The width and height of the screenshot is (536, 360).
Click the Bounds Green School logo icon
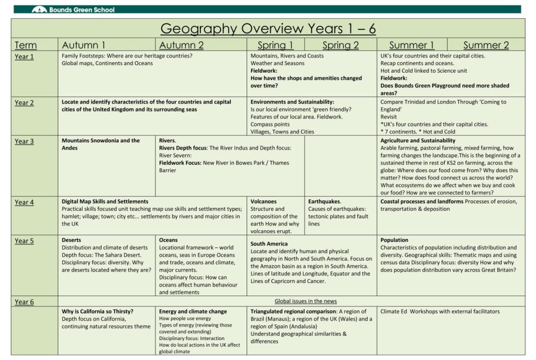39,9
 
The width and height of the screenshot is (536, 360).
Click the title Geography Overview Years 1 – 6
268,28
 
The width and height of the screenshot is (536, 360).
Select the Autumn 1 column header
83,45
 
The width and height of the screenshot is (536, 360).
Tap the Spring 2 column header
340,45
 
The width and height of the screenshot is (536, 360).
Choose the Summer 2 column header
486,45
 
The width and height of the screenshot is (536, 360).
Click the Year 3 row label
24,141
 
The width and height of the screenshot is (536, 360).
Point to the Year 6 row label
24,302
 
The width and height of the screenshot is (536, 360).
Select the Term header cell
26,45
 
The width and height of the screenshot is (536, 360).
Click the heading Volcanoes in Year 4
263,201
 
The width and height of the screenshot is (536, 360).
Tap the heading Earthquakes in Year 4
324,201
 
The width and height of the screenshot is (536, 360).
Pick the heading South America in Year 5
269,244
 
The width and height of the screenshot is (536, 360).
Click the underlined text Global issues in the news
306,301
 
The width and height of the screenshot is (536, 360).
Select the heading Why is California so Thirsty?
97,311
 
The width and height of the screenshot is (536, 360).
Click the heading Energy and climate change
193,311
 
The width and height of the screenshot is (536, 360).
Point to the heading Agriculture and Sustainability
418,141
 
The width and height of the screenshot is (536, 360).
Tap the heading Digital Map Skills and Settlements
105,201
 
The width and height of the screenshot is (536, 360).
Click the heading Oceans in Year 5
168,240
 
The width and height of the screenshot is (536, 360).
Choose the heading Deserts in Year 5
71,240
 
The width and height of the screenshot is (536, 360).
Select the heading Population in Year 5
394,240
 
